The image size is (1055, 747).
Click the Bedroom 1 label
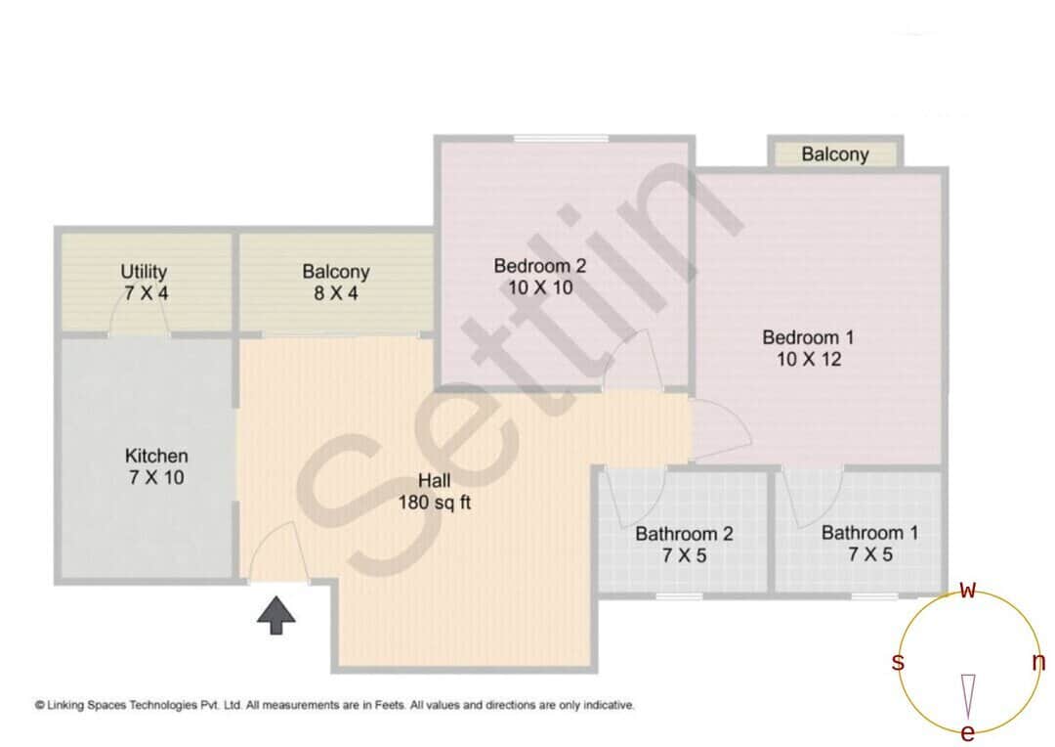[808, 337]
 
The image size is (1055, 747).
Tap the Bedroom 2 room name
[539, 266]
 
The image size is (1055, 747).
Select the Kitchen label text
[156, 456]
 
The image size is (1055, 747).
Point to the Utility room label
[144, 271]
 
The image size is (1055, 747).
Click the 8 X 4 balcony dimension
[335, 292]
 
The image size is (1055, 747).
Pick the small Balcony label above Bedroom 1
[835, 154]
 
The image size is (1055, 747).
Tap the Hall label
[434, 481]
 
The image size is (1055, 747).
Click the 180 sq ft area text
[435, 504]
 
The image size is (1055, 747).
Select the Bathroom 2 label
[684, 534]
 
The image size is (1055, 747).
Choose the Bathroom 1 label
[869, 533]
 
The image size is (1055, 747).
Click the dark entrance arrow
[276, 616]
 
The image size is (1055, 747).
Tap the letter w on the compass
[968, 590]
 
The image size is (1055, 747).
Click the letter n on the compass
[1038, 662]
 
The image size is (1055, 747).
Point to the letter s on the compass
[898, 662]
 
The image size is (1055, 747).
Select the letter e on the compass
[968, 732]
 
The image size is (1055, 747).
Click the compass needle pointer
[968, 694]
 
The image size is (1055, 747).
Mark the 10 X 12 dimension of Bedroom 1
[808, 359]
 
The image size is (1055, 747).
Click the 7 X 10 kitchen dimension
[156, 478]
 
